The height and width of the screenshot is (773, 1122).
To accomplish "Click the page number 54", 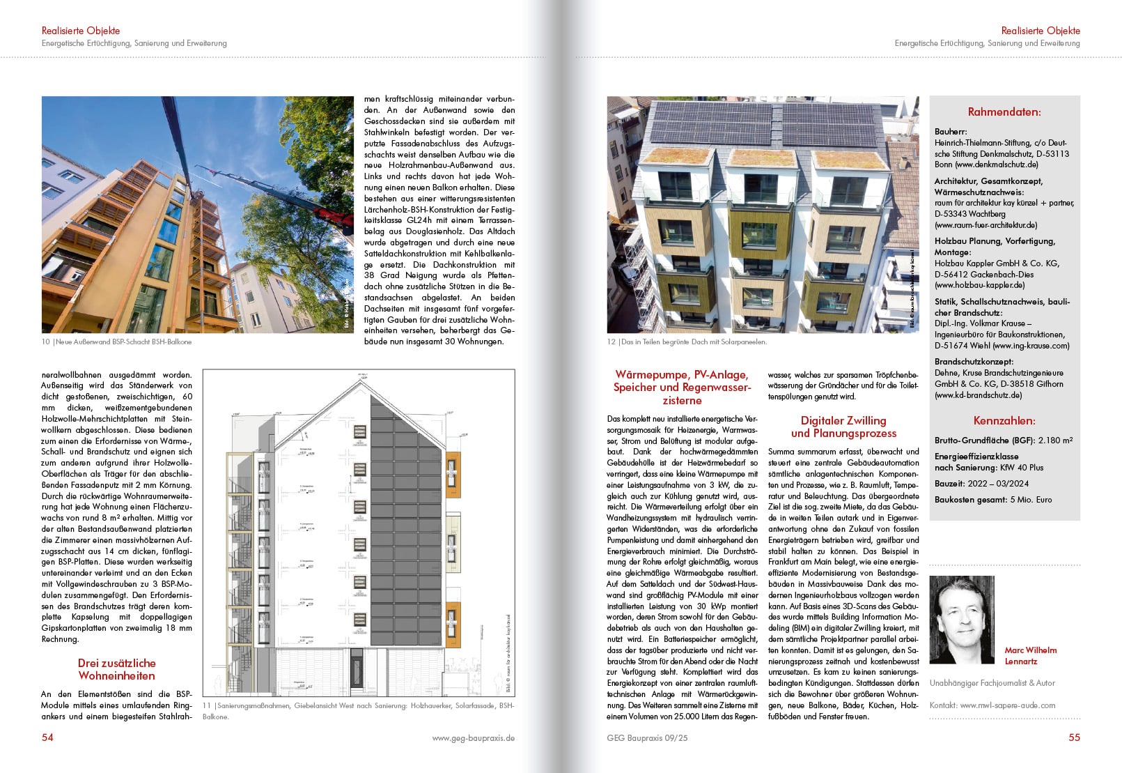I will tap(47, 737).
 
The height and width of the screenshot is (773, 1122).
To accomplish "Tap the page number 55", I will tap(1074, 737).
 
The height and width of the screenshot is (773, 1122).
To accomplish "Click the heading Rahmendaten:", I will tap(1004, 112).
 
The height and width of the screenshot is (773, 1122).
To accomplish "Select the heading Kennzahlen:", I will tap(1004, 420).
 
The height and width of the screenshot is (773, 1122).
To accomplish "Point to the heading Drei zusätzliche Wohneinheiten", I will tap(116, 669).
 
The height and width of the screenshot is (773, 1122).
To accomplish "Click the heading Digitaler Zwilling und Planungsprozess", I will tap(843, 427).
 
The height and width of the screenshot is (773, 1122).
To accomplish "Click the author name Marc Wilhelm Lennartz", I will tap(1030, 655).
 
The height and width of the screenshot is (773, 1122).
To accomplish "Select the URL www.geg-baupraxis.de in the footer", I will tap(473, 737).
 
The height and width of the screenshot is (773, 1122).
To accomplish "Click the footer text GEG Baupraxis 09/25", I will tap(647, 737).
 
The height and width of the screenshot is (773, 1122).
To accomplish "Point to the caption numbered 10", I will tap(116, 342).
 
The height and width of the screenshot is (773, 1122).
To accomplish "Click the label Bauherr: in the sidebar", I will tap(951, 132).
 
